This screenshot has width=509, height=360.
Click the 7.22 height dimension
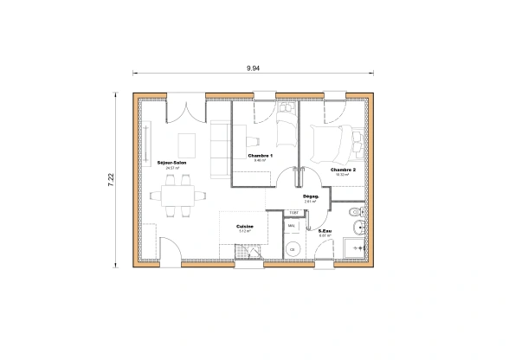(x=111, y=180)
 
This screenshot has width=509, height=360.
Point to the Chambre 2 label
(x=344, y=170)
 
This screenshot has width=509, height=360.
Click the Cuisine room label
(x=244, y=227)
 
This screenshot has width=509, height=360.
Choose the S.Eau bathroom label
(x=326, y=231)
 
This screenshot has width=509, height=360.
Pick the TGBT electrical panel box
(x=293, y=212)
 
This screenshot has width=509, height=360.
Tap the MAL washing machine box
(x=292, y=226)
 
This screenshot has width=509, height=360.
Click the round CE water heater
(x=293, y=249)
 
